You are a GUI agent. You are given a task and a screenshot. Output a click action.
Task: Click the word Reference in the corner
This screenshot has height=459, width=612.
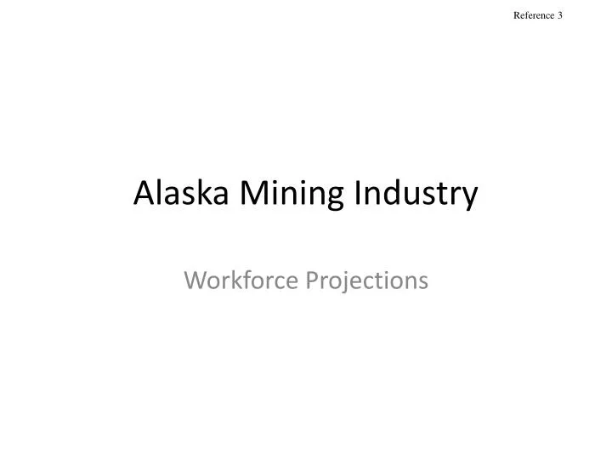pyautogui.click(x=535, y=16)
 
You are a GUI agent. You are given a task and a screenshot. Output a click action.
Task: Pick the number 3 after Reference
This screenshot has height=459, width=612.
pyautogui.click(x=561, y=16)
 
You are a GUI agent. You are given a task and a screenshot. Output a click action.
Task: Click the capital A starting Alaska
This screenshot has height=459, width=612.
pyautogui.click(x=144, y=194)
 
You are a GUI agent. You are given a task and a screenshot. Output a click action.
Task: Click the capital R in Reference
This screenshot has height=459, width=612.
pyautogui.click(x=518, y=16)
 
